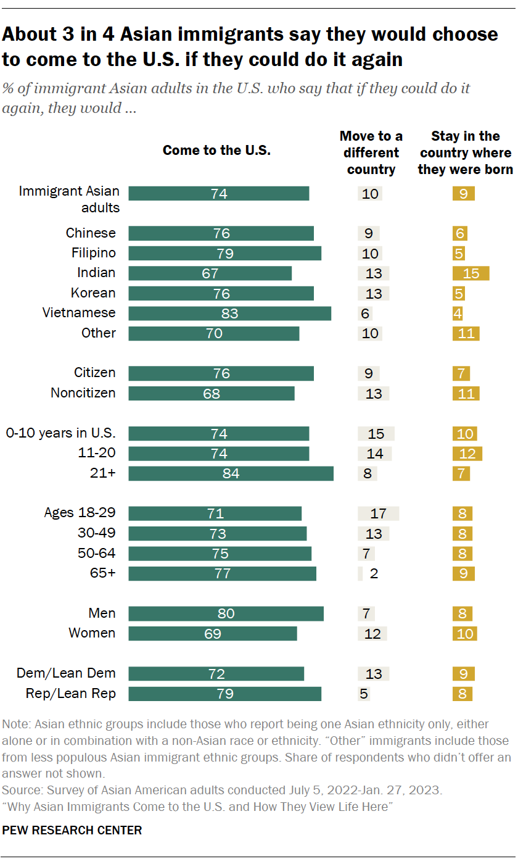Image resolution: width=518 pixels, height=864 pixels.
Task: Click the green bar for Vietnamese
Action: (229, 313)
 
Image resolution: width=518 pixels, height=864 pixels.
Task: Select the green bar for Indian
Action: (210, 273)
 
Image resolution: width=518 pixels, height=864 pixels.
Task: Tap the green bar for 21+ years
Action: (231, 473)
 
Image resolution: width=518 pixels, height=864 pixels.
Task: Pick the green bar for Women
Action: (212, 633)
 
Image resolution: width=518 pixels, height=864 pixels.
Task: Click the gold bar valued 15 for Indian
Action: (471, 273)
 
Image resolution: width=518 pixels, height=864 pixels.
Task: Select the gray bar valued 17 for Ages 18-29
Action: (378, 513)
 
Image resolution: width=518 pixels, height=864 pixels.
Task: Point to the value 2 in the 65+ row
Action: (374, 573)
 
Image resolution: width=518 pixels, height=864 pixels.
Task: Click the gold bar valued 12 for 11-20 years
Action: (467, 454)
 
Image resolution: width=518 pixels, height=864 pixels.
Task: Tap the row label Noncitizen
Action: (83, 393)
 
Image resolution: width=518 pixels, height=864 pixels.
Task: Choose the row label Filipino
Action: (91, 253)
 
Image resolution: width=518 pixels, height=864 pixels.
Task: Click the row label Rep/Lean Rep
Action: (70, 694)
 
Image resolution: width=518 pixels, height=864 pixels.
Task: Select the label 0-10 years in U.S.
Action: (60, 433)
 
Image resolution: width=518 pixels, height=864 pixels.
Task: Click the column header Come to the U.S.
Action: (216, 150)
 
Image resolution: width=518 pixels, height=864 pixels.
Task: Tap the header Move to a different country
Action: (371, 152)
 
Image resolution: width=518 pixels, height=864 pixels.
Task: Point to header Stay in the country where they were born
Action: (465, 152)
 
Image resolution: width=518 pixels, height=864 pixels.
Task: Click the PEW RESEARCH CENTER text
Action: (72, 831)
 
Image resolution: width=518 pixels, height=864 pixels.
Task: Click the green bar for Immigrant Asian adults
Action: (218, 194)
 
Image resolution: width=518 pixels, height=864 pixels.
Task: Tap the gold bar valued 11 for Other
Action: (466, 333)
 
